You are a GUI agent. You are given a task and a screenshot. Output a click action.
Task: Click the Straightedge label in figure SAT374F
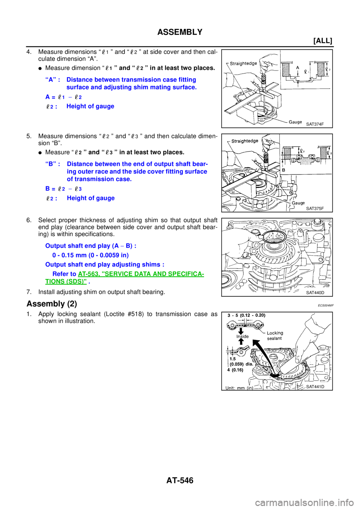point(243,63)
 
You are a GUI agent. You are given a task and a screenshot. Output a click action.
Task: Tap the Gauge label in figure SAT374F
point(295,122)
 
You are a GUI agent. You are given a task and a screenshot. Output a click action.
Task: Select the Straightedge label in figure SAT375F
point(244,141)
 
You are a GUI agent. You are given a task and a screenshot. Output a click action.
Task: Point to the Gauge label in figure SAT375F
point(298,203)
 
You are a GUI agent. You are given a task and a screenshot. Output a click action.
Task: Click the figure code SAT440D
point(315,293)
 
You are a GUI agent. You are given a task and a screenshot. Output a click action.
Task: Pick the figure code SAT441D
point(315,387)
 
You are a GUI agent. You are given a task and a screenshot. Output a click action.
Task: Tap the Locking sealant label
point(275,335)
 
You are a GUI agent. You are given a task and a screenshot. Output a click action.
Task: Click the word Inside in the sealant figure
point(242,336)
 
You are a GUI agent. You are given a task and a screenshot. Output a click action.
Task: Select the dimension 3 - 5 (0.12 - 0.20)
point(246,315)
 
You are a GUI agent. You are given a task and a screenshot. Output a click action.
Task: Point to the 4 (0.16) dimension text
point(235,370)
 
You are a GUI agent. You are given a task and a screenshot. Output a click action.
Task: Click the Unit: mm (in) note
point(239,388)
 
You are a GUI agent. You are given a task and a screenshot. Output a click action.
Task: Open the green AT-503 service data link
point(141,274)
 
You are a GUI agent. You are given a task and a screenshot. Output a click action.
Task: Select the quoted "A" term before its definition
point(51,80)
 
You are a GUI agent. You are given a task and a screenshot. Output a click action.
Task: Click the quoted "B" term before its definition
point(51,164)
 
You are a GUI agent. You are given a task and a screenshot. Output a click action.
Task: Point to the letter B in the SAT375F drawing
point(283,170)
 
